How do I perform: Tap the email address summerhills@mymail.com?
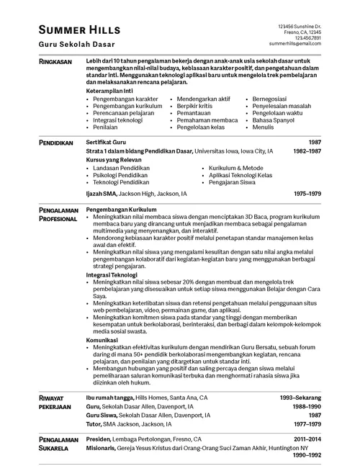[300, 43]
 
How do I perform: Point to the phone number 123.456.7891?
[307, 37]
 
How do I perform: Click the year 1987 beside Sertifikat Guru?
[315, 143]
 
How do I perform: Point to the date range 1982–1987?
[307, 151]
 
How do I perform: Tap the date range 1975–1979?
[307, 194]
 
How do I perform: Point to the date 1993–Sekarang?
[300, 397]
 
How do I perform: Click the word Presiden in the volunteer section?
[99, 438]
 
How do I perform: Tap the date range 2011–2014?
[307, 438]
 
